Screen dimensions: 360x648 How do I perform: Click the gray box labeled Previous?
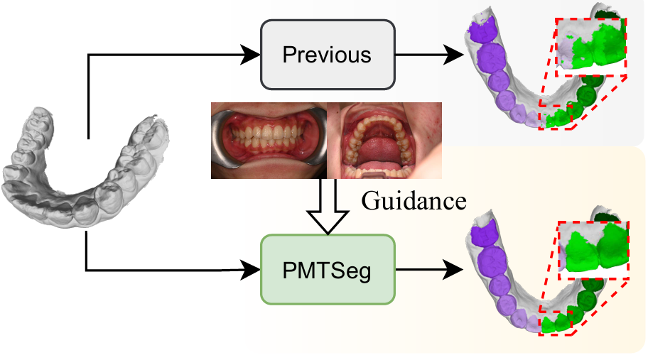327,54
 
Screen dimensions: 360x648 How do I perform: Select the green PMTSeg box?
327,269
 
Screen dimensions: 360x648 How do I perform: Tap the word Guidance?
414,201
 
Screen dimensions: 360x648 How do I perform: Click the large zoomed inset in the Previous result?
591,45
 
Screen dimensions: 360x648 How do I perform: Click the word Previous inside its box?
327,54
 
